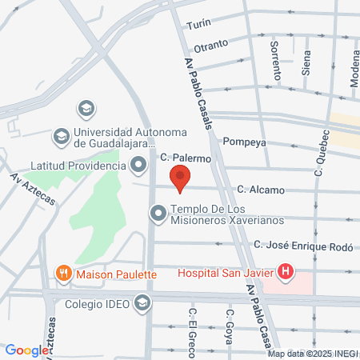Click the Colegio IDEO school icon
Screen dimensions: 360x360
tap(142, 302)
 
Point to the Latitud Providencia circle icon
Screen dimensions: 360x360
tap(138, 166)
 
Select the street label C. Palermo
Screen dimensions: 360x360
tap(185, 158)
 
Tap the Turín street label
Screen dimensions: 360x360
tap(198, 25)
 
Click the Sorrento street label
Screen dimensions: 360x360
tap(276, 60)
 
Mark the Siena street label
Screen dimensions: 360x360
tap(306, 66)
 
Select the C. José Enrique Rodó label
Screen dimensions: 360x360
tap(302, 246)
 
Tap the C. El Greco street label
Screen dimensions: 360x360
tap(192, 325)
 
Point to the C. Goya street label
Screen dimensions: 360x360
tap(228, 325)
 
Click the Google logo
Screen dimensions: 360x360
tap(26, 350)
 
